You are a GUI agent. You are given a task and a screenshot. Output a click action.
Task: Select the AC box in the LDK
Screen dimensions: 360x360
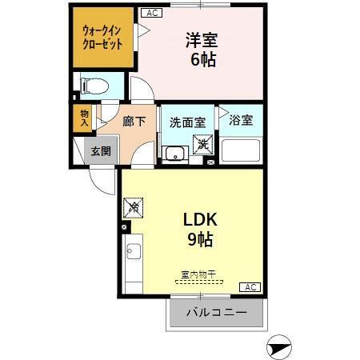250,287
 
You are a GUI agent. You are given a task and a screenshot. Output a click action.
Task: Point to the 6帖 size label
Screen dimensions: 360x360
202,60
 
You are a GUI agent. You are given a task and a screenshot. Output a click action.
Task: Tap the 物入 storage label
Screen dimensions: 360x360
83,118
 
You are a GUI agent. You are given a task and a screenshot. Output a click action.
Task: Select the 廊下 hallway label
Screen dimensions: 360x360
134,122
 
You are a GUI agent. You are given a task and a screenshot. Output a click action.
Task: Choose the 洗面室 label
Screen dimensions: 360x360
187,122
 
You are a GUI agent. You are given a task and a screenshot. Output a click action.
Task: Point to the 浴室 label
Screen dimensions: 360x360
241,121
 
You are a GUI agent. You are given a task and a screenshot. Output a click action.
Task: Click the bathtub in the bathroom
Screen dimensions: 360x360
242,150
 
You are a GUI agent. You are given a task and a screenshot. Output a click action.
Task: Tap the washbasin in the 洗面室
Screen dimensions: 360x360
174,154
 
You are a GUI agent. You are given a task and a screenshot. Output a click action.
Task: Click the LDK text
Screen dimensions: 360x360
201,220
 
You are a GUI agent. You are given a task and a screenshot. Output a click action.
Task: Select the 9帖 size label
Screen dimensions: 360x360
201,238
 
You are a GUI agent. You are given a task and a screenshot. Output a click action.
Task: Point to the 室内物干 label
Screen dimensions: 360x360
200,274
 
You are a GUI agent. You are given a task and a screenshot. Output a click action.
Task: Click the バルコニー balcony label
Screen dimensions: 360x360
215,312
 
